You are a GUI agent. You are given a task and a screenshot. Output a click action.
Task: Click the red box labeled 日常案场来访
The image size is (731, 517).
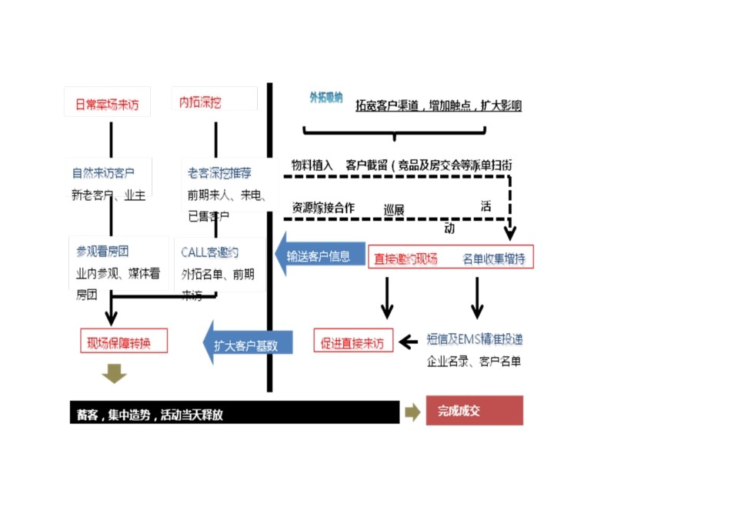tap(107, 104)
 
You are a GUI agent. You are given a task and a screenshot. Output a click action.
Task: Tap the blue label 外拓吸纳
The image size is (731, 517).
tap(325, 98)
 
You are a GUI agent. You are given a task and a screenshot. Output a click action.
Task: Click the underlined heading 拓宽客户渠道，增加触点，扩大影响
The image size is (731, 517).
tap(438, 106)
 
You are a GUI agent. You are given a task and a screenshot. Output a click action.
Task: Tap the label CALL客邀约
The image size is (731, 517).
tap(209, 252)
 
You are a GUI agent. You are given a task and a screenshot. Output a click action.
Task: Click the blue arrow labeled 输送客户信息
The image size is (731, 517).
tap(319, 256)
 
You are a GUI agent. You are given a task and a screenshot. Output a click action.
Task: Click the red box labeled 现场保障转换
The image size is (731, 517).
tap(124, 341)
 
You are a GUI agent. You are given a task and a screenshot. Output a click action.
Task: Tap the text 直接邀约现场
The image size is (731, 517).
tap(406, 258)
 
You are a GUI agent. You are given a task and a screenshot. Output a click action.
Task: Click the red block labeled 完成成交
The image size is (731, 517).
tap(474, 411)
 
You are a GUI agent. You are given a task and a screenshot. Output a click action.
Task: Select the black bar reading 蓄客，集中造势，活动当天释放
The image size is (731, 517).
tap(234, 414)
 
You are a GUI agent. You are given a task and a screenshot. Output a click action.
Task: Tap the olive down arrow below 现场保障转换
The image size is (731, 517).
tap(114, 373)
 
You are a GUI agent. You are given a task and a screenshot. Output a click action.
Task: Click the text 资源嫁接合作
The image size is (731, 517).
tap(323, 208)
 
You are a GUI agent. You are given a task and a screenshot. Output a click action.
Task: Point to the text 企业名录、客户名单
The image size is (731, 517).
tap(473, 361)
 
